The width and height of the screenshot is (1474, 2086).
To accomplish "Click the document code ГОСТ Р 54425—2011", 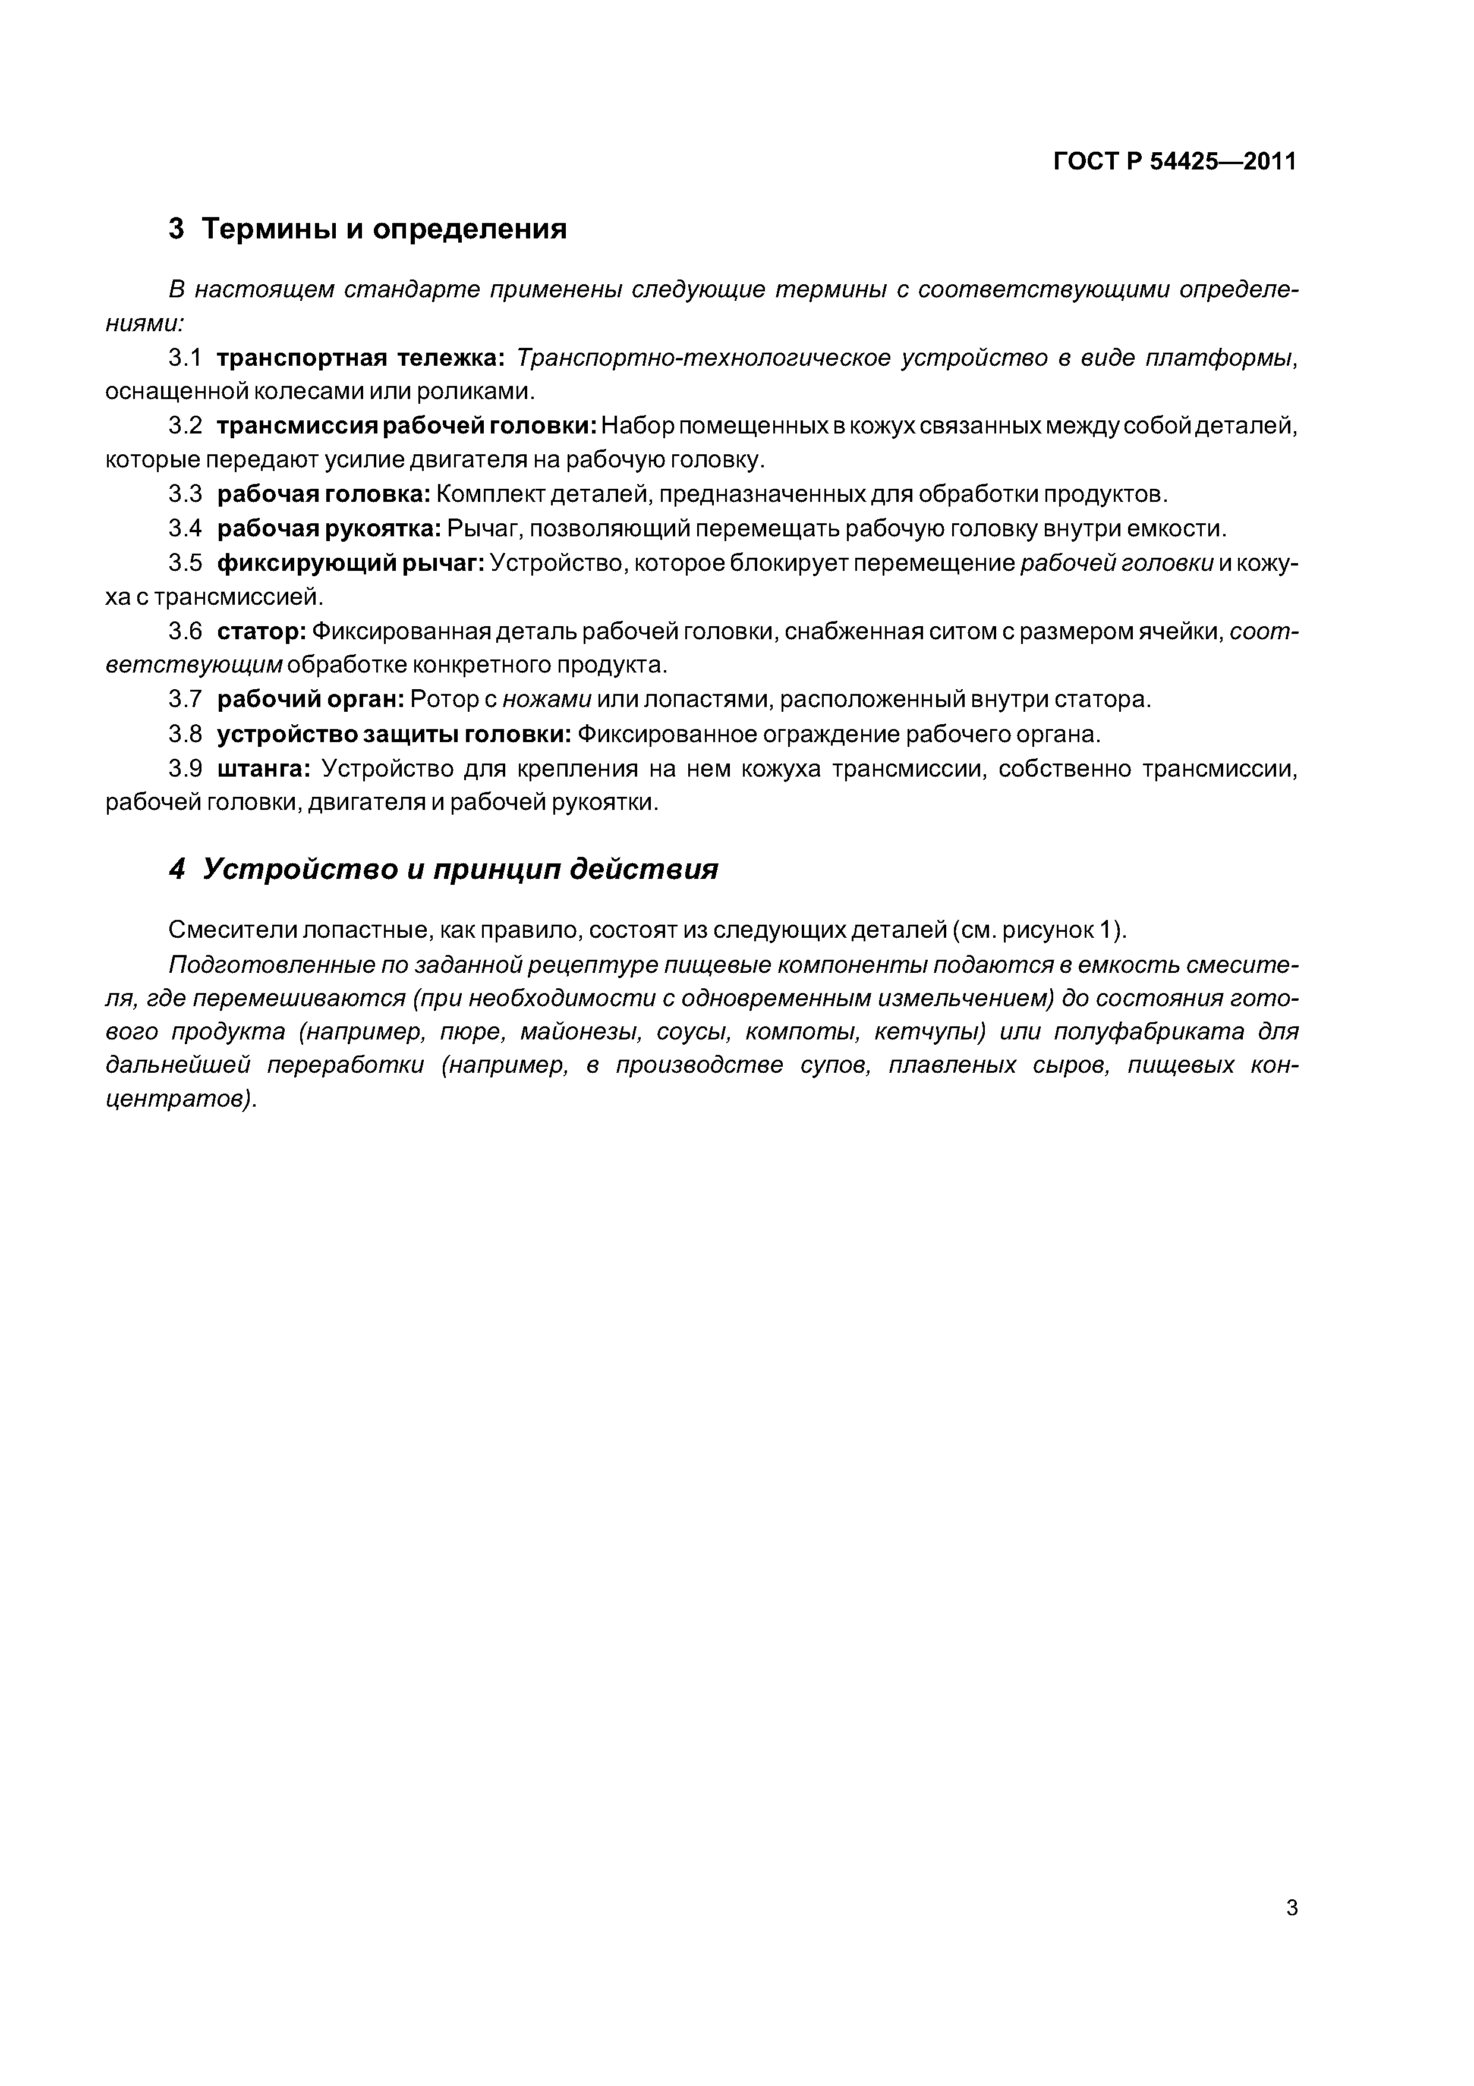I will [x=1174, y=162].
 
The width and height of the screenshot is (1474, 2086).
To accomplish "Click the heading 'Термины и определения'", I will [x=383, y=229].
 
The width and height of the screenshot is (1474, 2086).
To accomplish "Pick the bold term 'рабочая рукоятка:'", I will [x=329, y=529].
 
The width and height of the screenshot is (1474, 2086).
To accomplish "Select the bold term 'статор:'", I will [x=261, y=632].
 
